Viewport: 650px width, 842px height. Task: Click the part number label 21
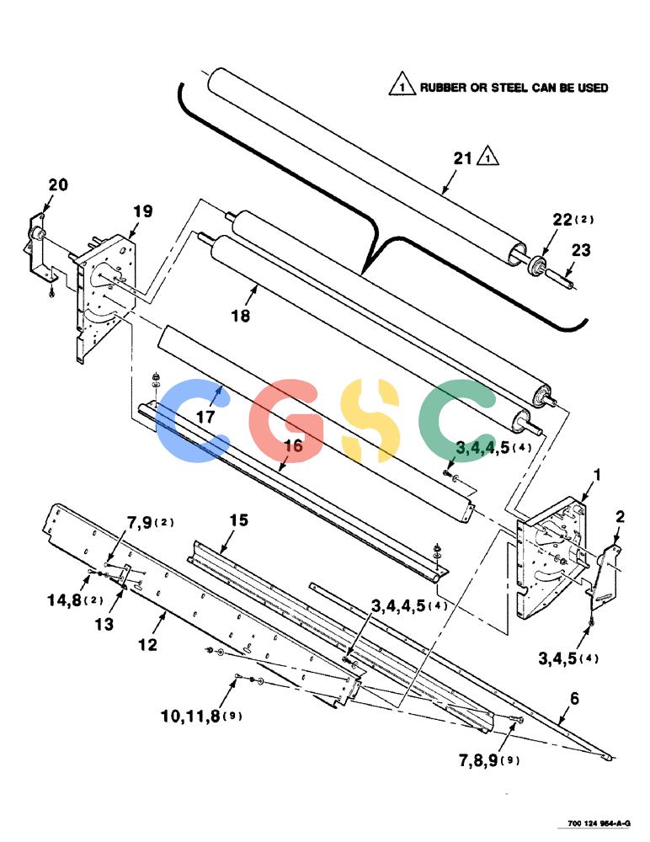pos(462,158)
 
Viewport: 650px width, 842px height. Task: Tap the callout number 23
pos(581,250)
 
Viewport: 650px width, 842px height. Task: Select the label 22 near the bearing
pos(562,220)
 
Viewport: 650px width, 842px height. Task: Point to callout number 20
pos(58,185)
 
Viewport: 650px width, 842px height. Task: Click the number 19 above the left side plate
pos(143,211)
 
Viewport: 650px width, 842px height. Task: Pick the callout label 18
pos(241,316)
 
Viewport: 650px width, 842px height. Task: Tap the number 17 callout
pos(205,417)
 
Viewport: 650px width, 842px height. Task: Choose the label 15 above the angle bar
pos(239,520)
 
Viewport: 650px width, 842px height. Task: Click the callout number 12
pos(147,644)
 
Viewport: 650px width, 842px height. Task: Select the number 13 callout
pos(104,624)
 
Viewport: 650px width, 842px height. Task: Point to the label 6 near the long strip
pos(575,698)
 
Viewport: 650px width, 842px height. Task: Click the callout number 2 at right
pos(620,517)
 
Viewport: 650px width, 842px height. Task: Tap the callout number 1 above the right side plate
pos(596,475)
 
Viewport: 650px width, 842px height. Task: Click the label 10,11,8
pos(190,716)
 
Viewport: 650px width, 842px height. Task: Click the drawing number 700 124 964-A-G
pos(599,823)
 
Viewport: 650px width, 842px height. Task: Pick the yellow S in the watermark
pos(370,420)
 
